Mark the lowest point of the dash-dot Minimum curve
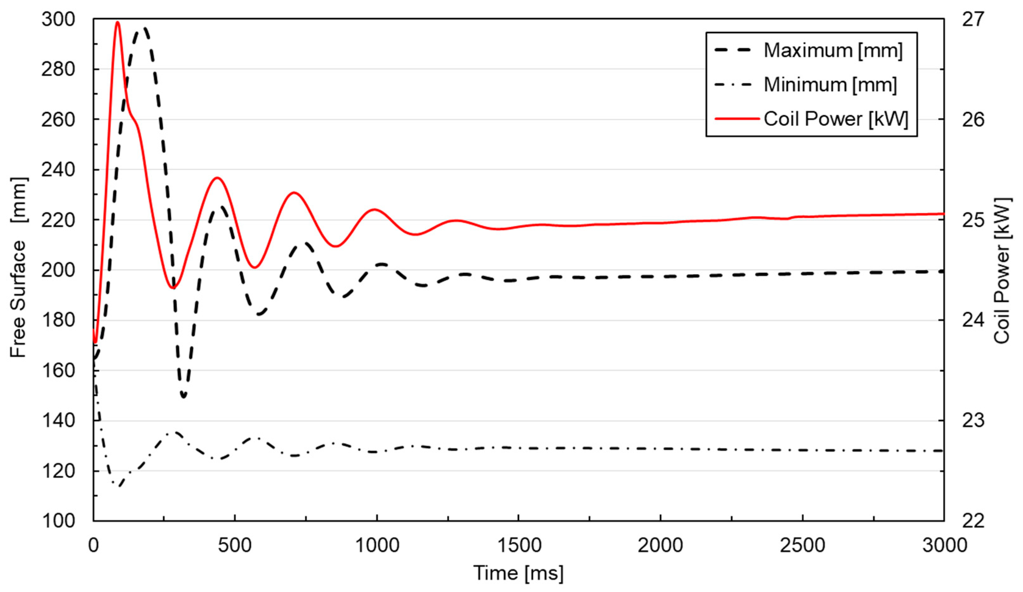119,486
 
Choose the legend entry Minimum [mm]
830,85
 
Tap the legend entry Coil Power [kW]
836,119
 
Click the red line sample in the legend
737,119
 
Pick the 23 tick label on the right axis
973,421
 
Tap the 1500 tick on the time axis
519,545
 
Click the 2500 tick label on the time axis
802,545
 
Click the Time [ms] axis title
518,573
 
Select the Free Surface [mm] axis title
18,268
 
